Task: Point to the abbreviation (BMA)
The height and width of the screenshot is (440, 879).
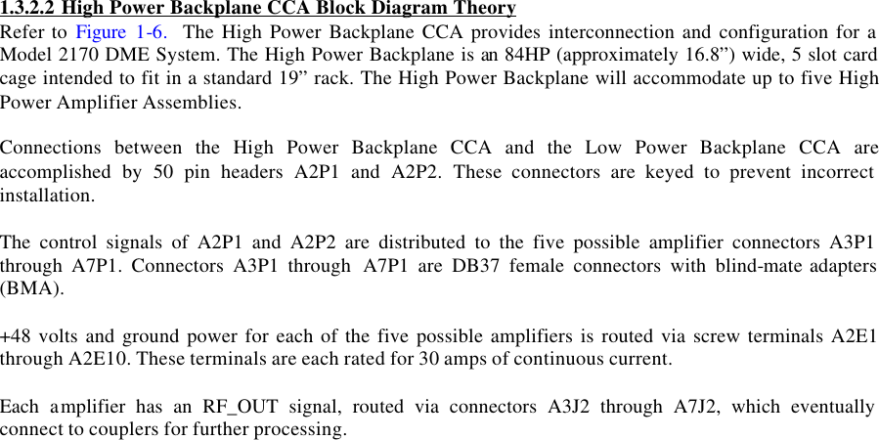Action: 31,289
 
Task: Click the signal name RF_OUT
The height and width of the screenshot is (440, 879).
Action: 235,408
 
